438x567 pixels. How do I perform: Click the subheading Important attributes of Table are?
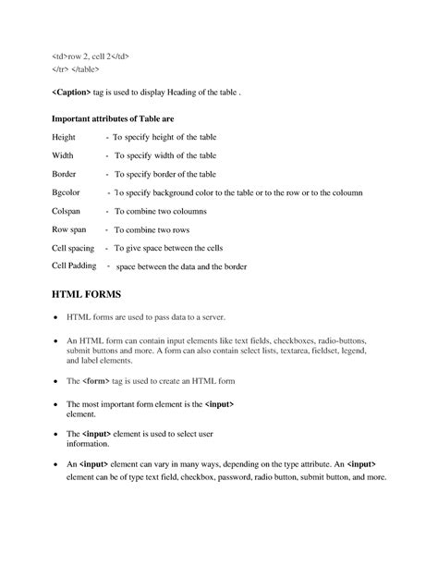pyautogui.click(x=113, y=119)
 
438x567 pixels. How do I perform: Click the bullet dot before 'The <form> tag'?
pyautogui.click(x=55, y=380)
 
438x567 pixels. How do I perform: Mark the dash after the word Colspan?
pyautogui.click(x=107, y=211)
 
